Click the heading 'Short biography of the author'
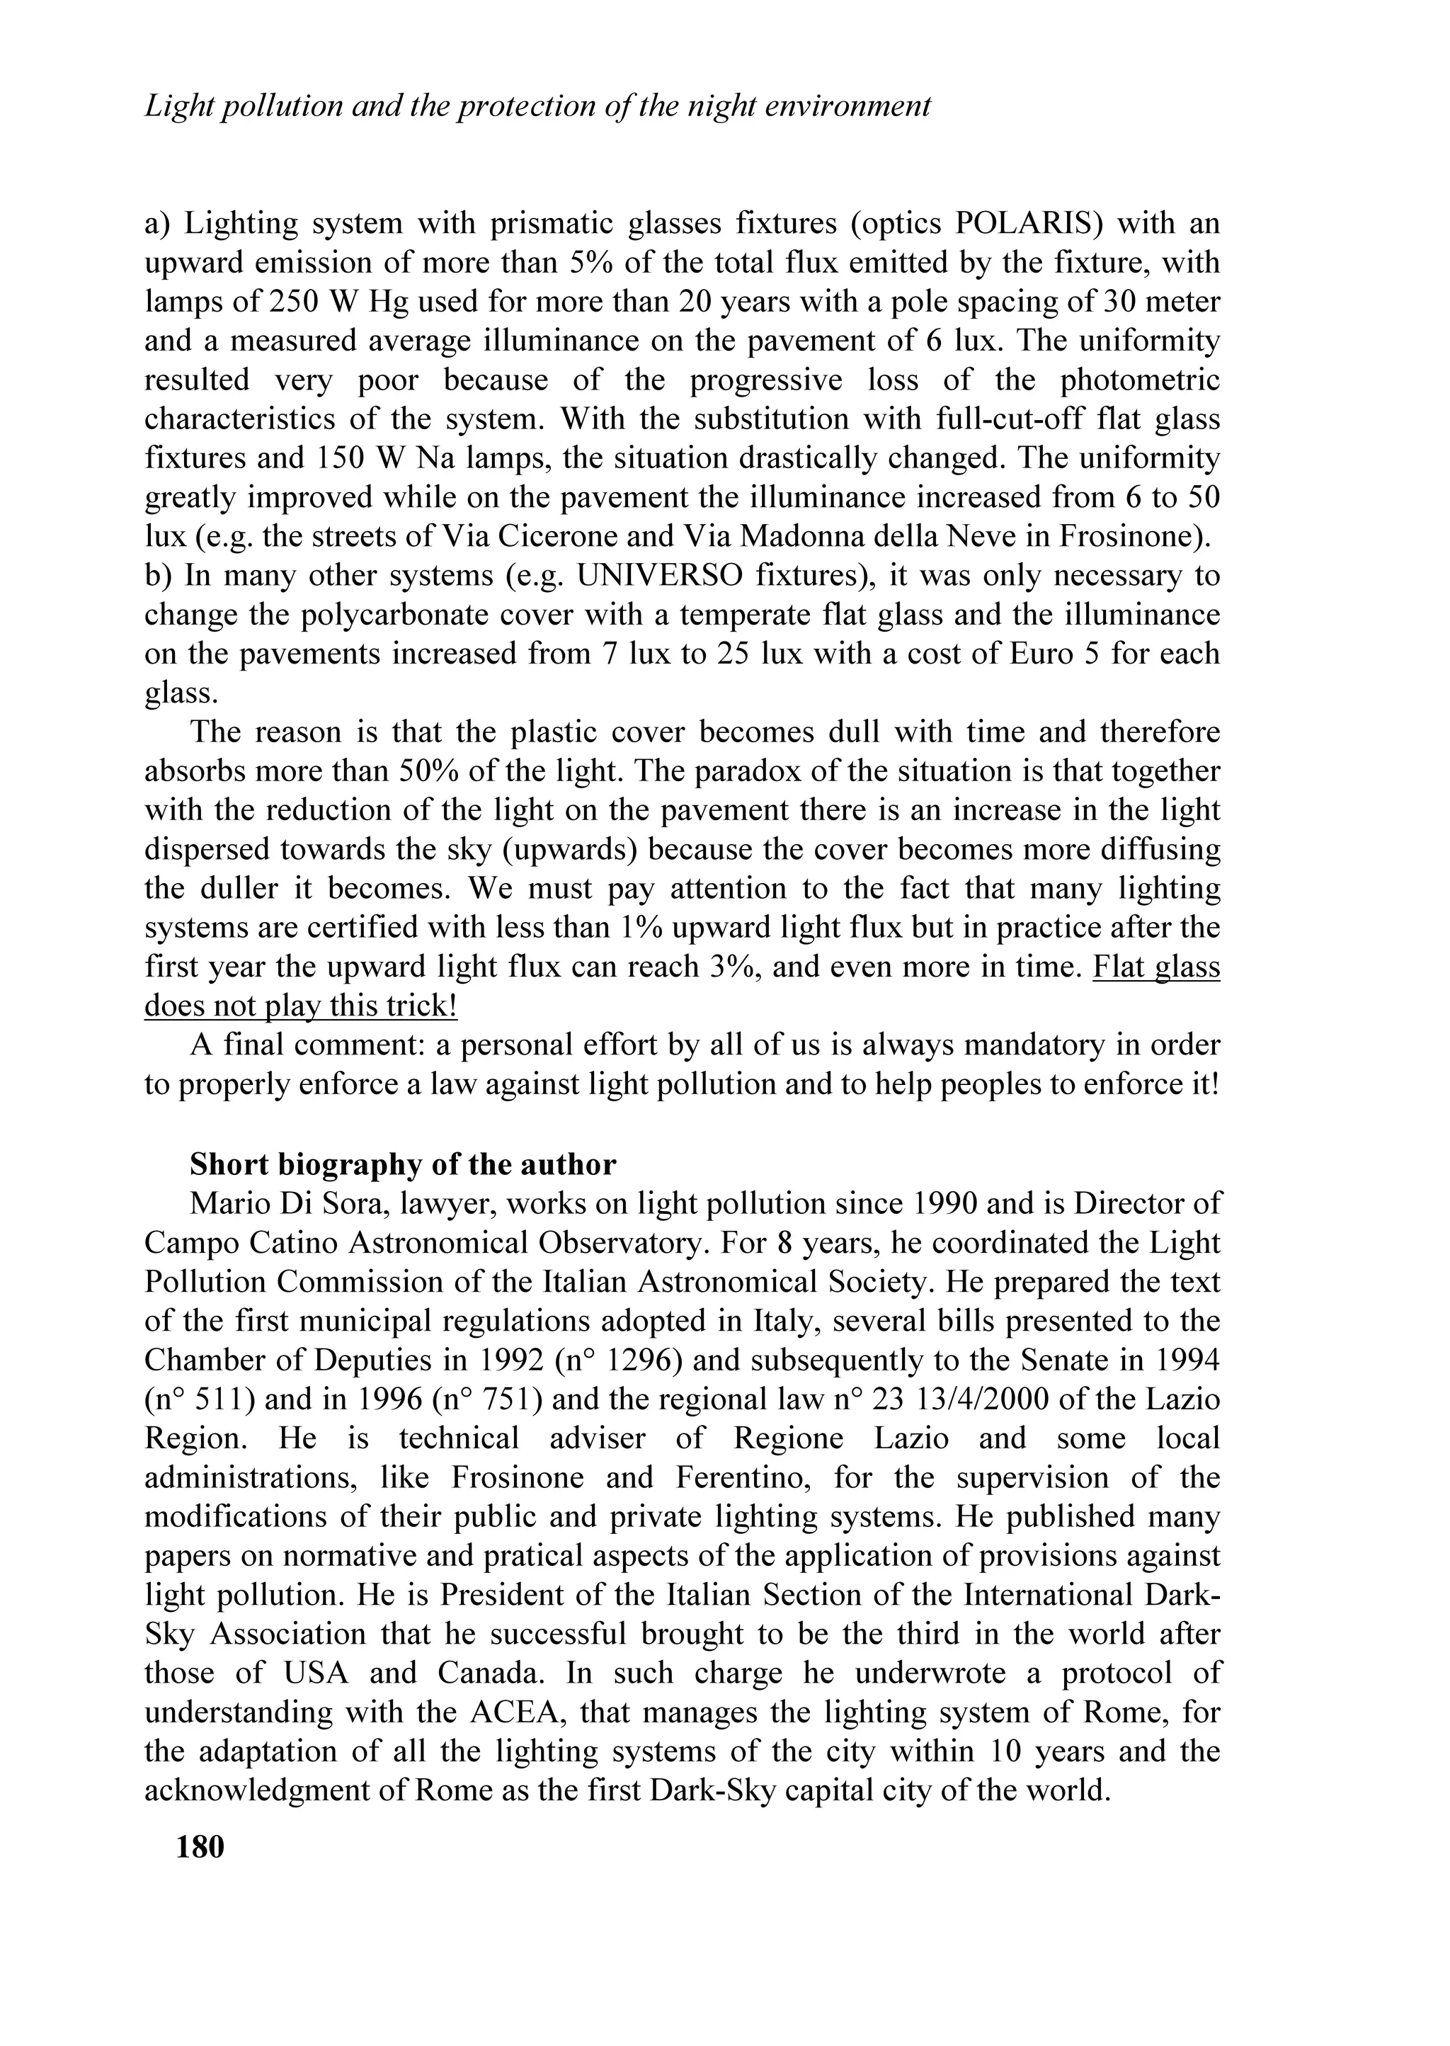(x=403, y=1164)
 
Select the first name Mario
(x=223, y=1204)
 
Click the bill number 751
(x=507, y=1400)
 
